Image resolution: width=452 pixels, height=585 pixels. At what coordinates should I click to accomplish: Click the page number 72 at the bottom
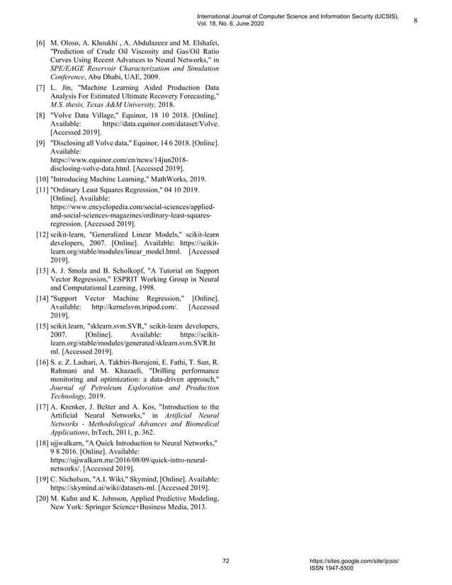coord(226,561)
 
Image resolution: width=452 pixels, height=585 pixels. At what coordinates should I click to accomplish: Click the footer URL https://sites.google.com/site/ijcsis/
coord(355,561)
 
